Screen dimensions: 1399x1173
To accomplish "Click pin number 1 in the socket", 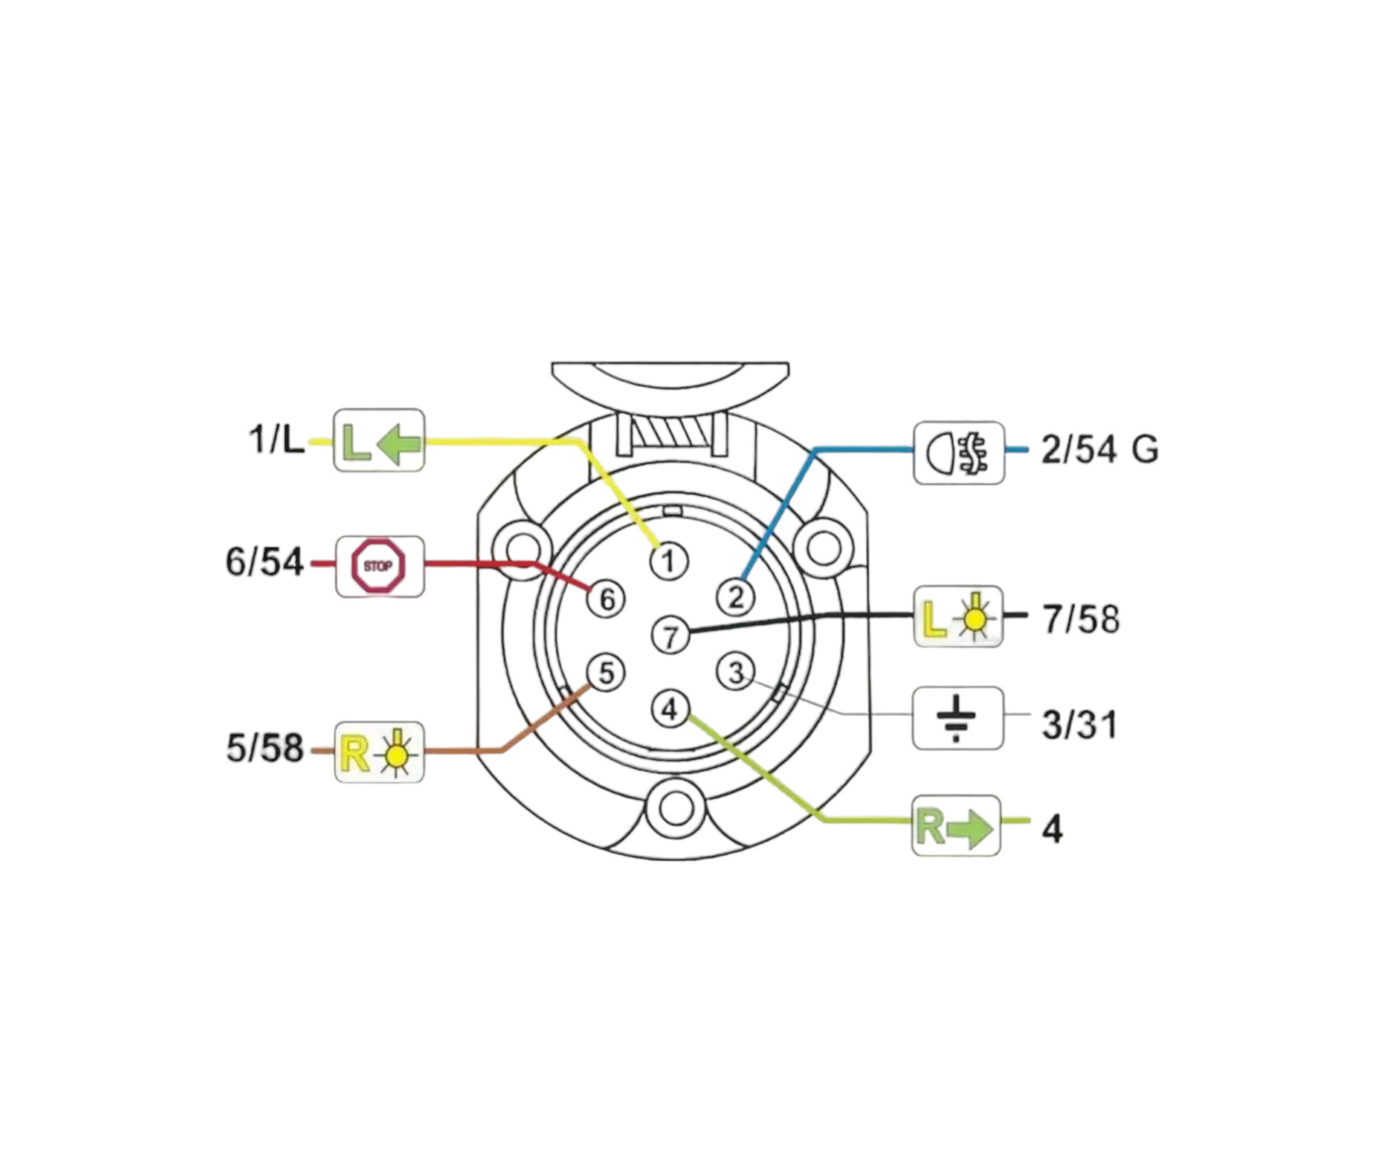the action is coord(669,561).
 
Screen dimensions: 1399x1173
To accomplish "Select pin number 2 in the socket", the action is coord(735,597).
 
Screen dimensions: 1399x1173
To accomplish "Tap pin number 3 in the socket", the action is coord(735,673).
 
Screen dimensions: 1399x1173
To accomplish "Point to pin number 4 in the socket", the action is coord(670,709).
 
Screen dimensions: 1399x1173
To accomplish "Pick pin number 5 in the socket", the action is coord(605,673).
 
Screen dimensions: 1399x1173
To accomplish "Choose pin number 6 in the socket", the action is coord(606,598).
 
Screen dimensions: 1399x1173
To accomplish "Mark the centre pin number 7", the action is coord(671,635).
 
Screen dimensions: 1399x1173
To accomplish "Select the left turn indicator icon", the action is coord(379,441).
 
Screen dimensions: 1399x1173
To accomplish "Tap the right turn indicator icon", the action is coord(956,826).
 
